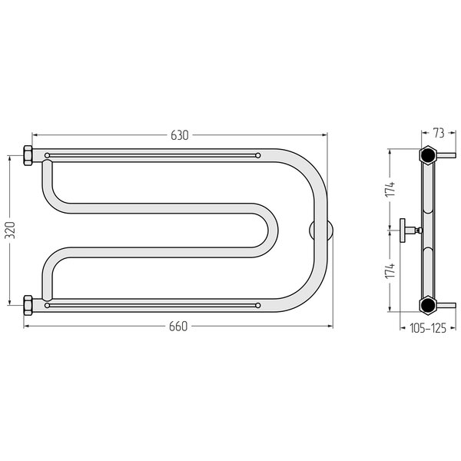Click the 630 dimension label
coord(180,135)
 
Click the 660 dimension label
coord(178,327)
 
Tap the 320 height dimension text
coord(10,230)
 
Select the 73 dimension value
coord(439,134)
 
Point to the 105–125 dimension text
coord(428,328)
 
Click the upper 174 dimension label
coord(390,190)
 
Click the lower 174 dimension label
coord(390,271)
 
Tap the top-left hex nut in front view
coord(28,155)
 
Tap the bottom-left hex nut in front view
coord(28,306)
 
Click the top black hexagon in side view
coord(428,154)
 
